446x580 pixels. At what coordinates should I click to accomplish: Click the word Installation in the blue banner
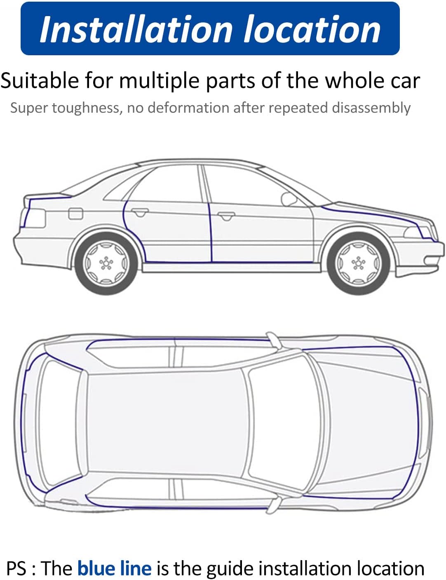pos(136,29)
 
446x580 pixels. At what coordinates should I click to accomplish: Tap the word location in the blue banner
pos(312,29)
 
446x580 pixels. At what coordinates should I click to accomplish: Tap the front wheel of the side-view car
pos(358,263)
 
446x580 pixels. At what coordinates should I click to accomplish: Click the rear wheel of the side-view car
pos(106,263)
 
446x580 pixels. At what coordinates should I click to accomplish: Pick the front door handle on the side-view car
pos(226,216)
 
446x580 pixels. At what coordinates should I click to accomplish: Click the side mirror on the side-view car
pos(289,199)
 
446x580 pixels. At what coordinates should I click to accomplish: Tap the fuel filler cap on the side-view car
pos(76,213)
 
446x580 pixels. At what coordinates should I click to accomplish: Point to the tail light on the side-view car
pos(34,218)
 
